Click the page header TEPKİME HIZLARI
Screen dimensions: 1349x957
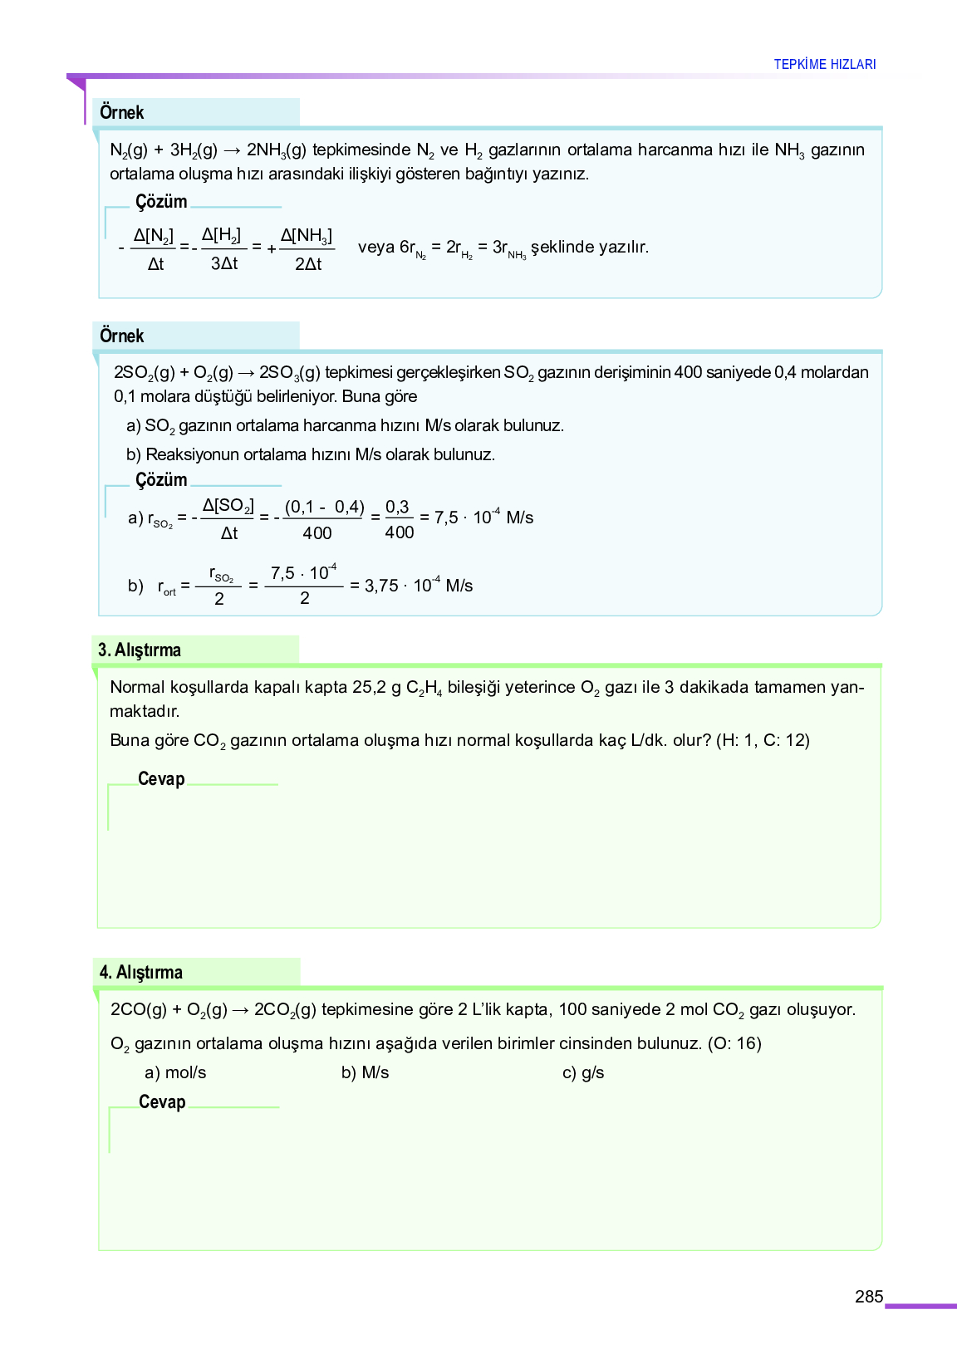(x=824, y=64)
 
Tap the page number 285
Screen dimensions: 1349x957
(x=868, y=1297)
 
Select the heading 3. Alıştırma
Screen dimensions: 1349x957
(x=140, y=650)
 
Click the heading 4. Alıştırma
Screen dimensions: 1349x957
(x=141, y=972)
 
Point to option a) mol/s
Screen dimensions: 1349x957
(x=175, y=1072)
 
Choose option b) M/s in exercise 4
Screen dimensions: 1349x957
(x=365, y=1072)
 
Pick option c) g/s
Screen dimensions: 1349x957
(x=583, y=1072)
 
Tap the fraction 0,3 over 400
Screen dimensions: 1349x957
(x=399, y=519)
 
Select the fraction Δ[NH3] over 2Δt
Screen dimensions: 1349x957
(x=307, y=249)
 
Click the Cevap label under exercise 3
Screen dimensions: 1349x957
(x=161, y=779)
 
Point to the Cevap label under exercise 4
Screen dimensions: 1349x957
(x=162, y=1101)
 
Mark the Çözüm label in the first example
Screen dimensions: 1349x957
(x=161, y=202)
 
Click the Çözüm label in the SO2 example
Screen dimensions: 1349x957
(x=161, y=480)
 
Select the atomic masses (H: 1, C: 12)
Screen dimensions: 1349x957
(x=763, y=740)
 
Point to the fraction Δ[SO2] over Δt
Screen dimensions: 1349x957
(x=228, y=519)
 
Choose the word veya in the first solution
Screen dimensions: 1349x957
(x=375, y=247)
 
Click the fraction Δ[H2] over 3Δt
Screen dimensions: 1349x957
(x=223, y=249)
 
